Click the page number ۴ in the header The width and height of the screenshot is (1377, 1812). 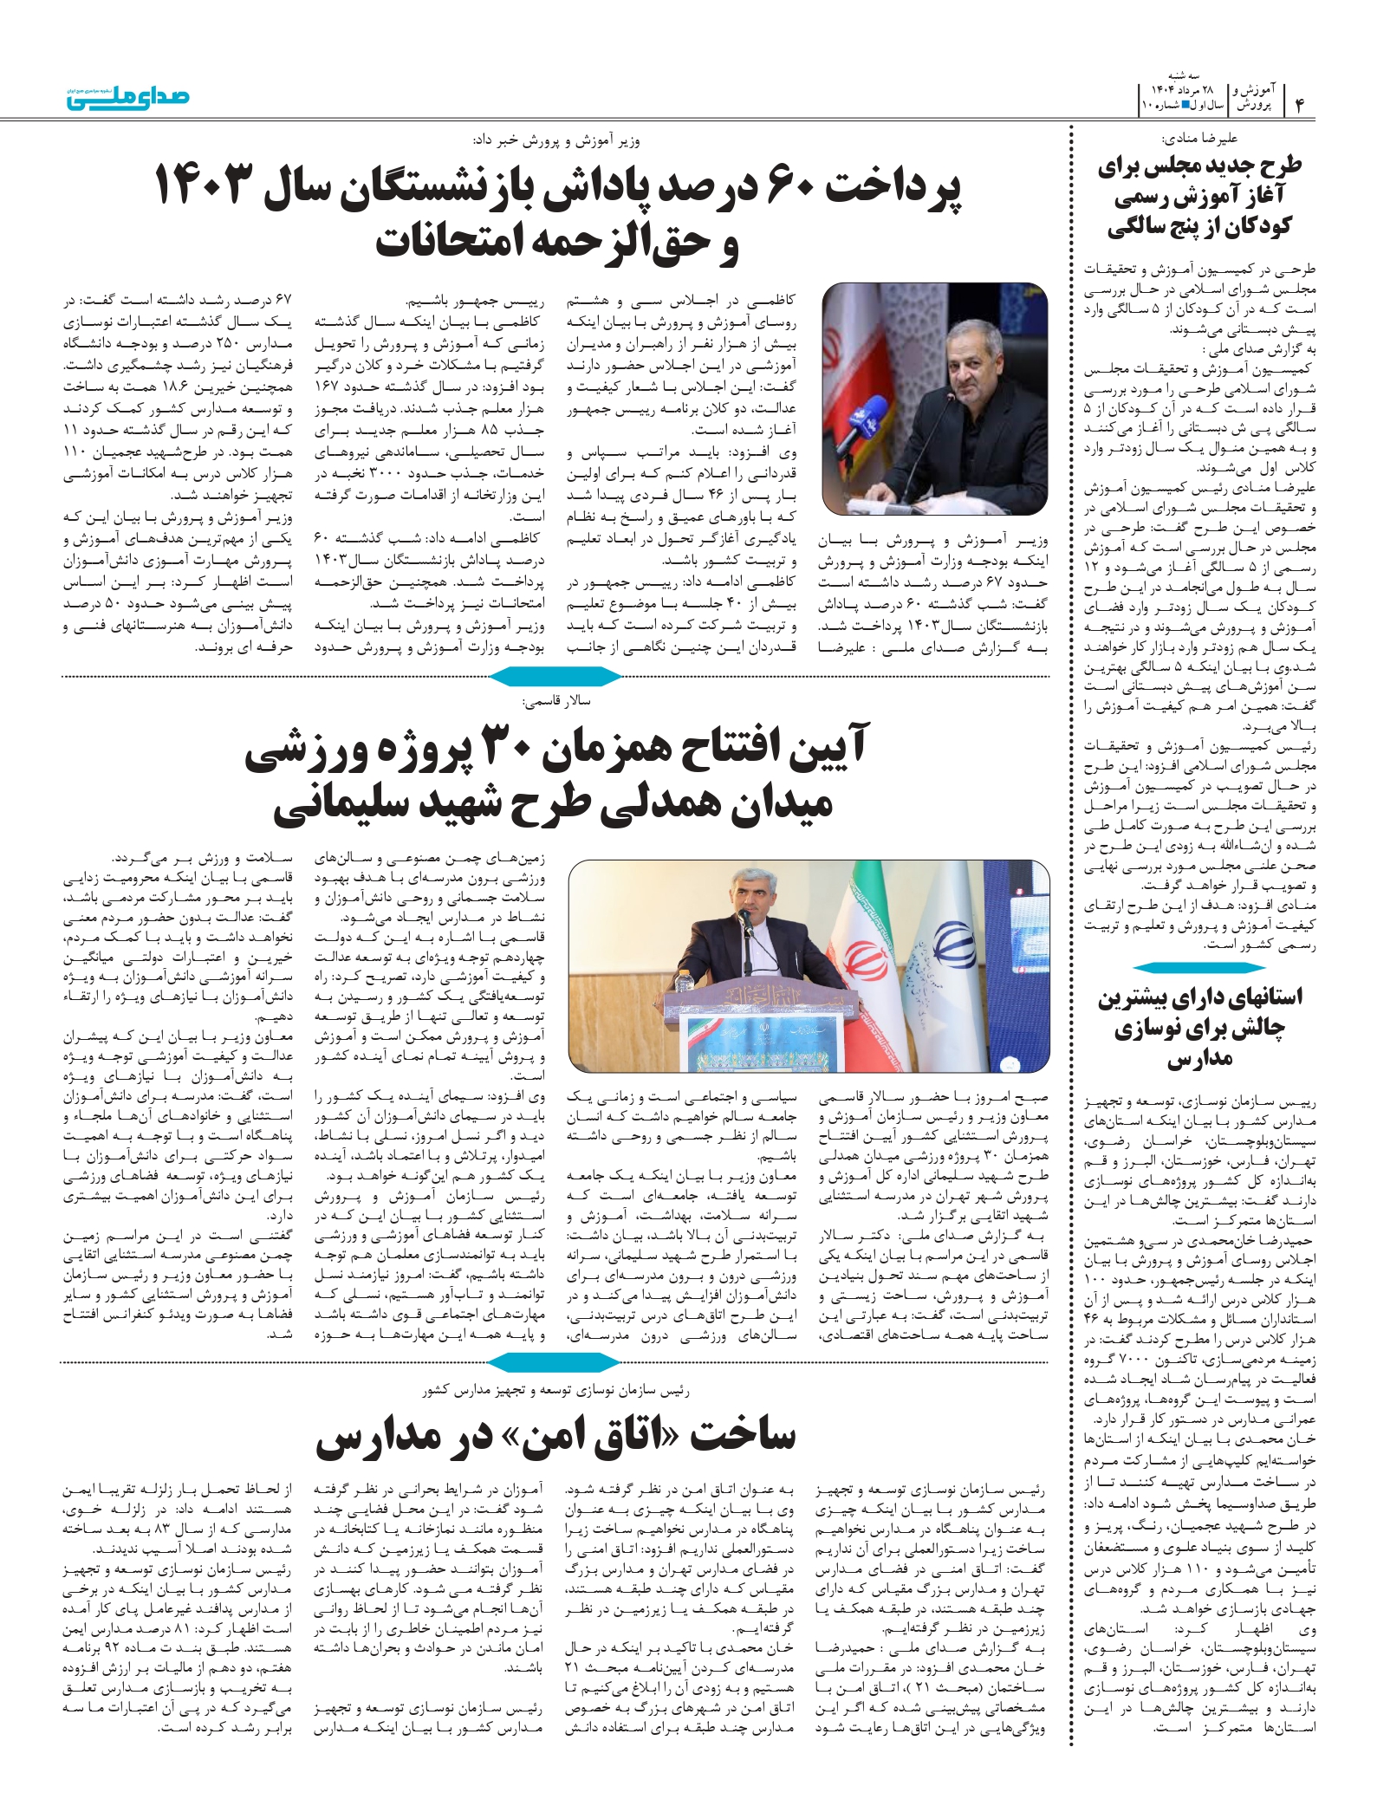[x=1300, y=103]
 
